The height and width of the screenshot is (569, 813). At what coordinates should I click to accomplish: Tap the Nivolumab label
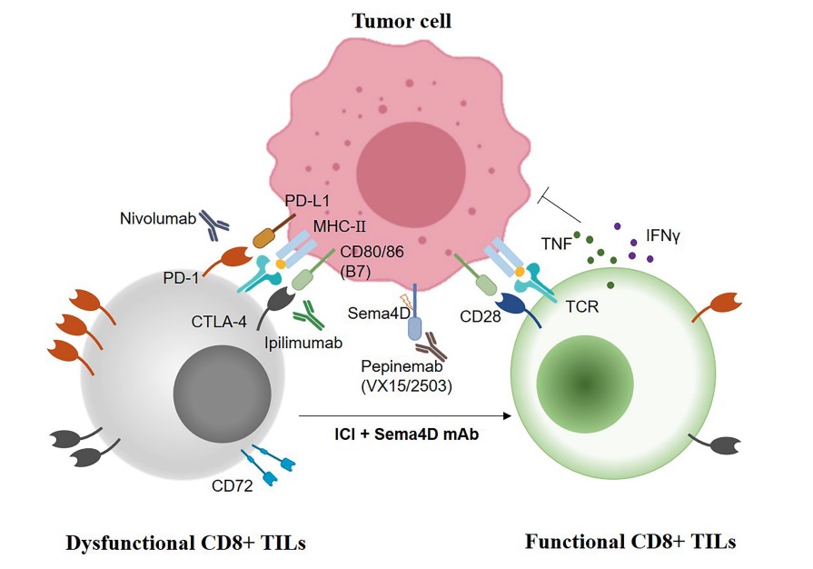click(155, 219)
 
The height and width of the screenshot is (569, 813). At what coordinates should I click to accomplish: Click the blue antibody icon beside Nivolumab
click(217, 225)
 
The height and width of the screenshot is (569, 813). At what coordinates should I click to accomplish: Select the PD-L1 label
click(307, 201)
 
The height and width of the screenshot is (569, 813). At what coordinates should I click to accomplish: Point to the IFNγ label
click(664, 235)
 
